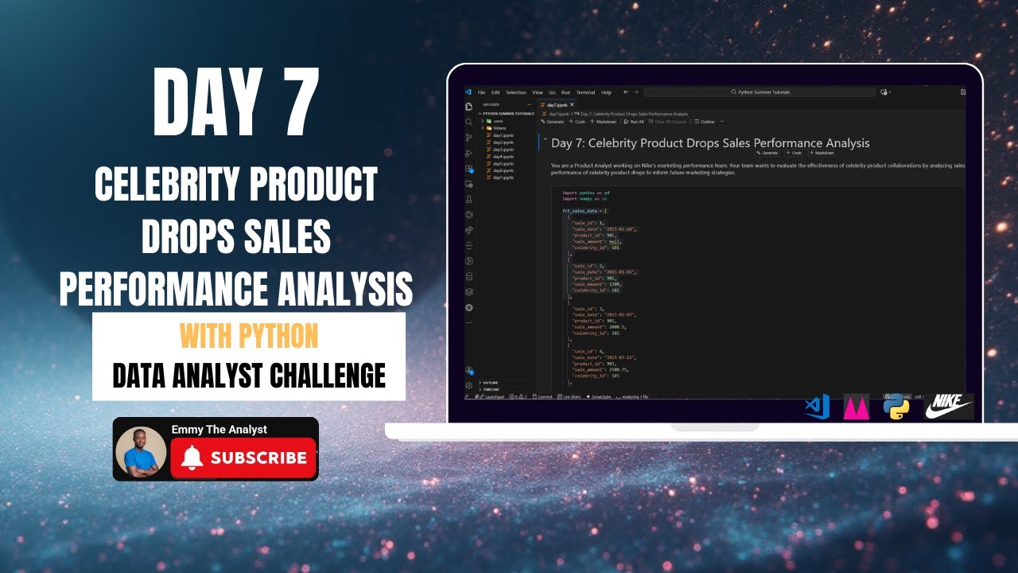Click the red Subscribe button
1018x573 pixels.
[243, 458]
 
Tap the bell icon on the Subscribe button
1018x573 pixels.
[192, 458]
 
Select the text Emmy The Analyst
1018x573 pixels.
[219, 429]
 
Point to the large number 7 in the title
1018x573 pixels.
[291, 103]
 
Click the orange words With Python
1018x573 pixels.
[249, 336]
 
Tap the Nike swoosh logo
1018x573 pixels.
[949, 406]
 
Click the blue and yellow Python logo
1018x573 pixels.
[896, 407]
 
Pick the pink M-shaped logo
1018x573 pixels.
[856, 407]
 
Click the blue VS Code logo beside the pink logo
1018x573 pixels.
[817, 407]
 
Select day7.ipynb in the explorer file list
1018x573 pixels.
[503, 177]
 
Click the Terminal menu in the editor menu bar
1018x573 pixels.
[585, 92]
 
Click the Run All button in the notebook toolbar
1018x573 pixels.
[634, 122]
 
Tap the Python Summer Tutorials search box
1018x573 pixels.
[760, 92]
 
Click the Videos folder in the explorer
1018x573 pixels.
[499, 128]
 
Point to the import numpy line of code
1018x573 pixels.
[585, 198]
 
